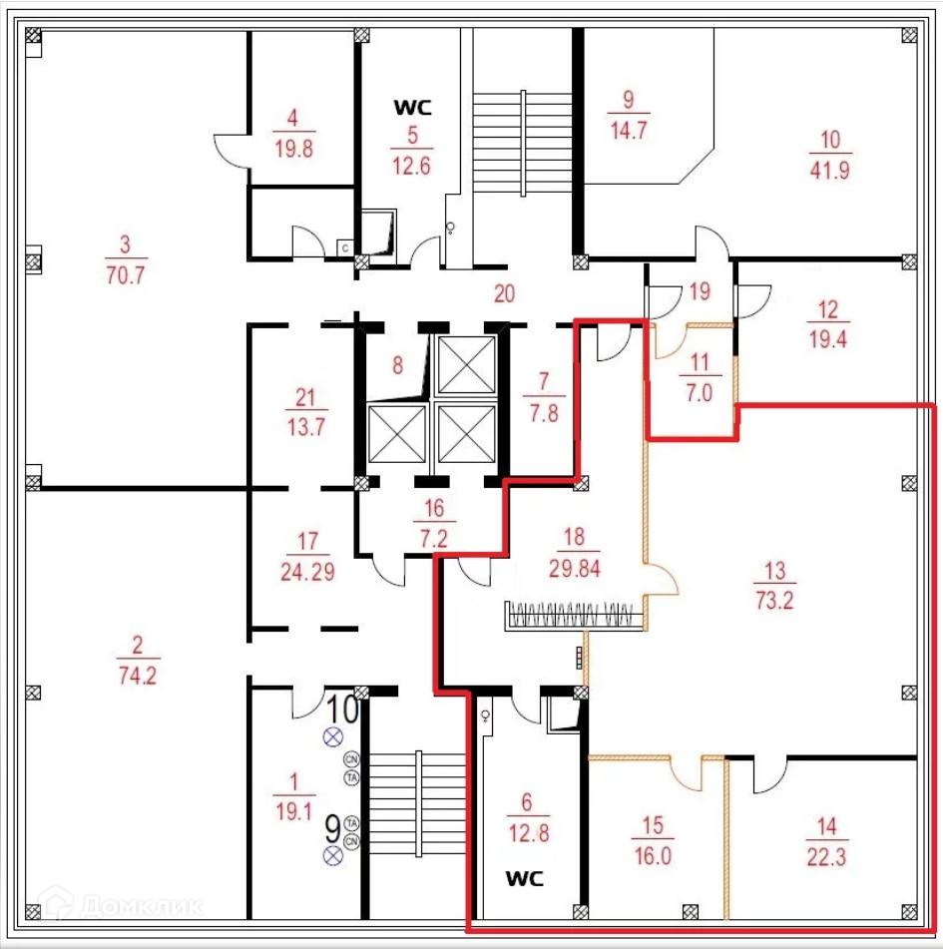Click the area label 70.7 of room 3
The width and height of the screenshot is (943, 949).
coord(126,276)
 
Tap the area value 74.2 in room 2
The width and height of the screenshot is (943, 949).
coord(138,676)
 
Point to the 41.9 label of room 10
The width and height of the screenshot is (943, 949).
coord(829,170)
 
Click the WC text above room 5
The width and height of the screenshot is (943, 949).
coord(411,107)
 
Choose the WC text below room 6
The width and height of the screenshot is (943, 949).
coord(525,879)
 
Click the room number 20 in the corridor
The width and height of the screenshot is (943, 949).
coord(505,293)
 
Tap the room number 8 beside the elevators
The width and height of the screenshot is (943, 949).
coord(397,365)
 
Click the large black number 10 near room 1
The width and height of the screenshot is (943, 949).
coord(343,709)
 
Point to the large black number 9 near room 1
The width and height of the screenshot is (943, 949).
coord(334,828)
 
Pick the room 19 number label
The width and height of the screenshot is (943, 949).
coord(700,291)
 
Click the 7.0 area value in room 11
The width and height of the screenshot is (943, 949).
coord(700,392)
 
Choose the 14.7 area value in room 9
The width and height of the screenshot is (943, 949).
coord(629,129)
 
